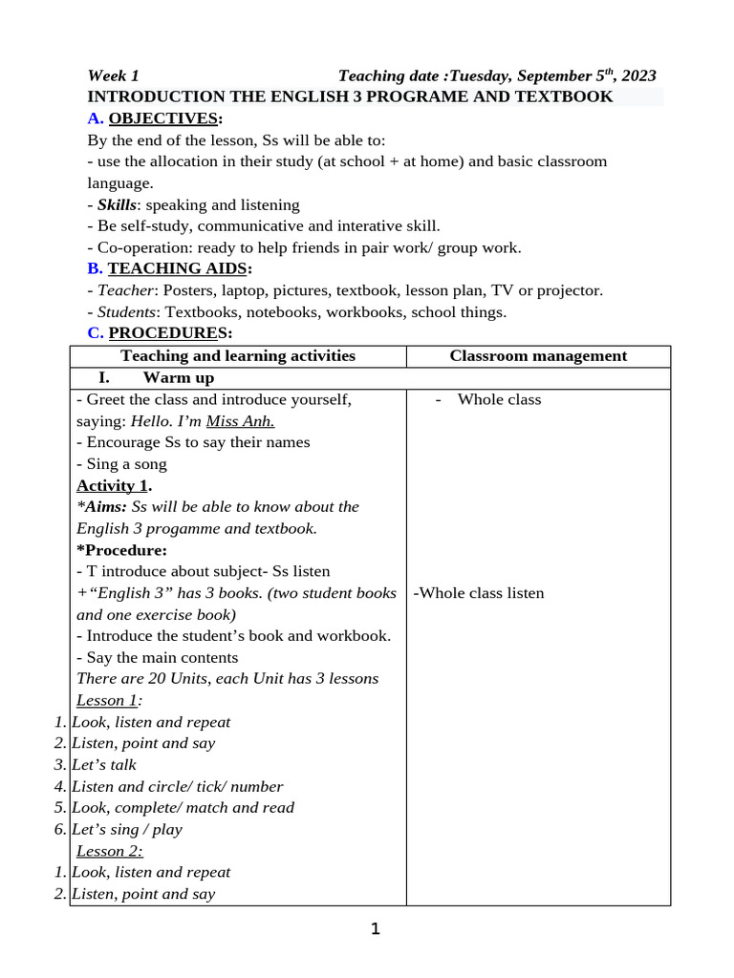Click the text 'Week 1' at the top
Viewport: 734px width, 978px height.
(x=113, y=76)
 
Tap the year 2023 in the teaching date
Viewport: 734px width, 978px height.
(x=637, y=76)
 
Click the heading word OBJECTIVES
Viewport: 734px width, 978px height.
(x=163, y=118)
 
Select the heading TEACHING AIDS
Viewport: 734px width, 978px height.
(x=178, y=268)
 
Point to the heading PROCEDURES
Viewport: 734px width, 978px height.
(x=169, y=333)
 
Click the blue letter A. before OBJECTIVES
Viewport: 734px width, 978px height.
(x=95, y=118)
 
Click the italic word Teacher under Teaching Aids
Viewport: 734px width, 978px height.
(x=125, y=290)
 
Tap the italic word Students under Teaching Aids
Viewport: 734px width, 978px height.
(x=129, y=312)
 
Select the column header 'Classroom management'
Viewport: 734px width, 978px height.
(x=538, y=356)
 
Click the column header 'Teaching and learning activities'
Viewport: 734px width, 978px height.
(x=238, y=356)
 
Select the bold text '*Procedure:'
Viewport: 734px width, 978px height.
(x=121, y=550)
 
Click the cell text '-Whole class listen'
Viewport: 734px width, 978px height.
(x=478, y=593)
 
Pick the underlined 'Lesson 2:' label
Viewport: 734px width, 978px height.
(x=109, y=851)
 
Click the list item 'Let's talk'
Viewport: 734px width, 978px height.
(x=104, y=765)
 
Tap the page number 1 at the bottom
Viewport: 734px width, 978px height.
(x=375, y=928)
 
